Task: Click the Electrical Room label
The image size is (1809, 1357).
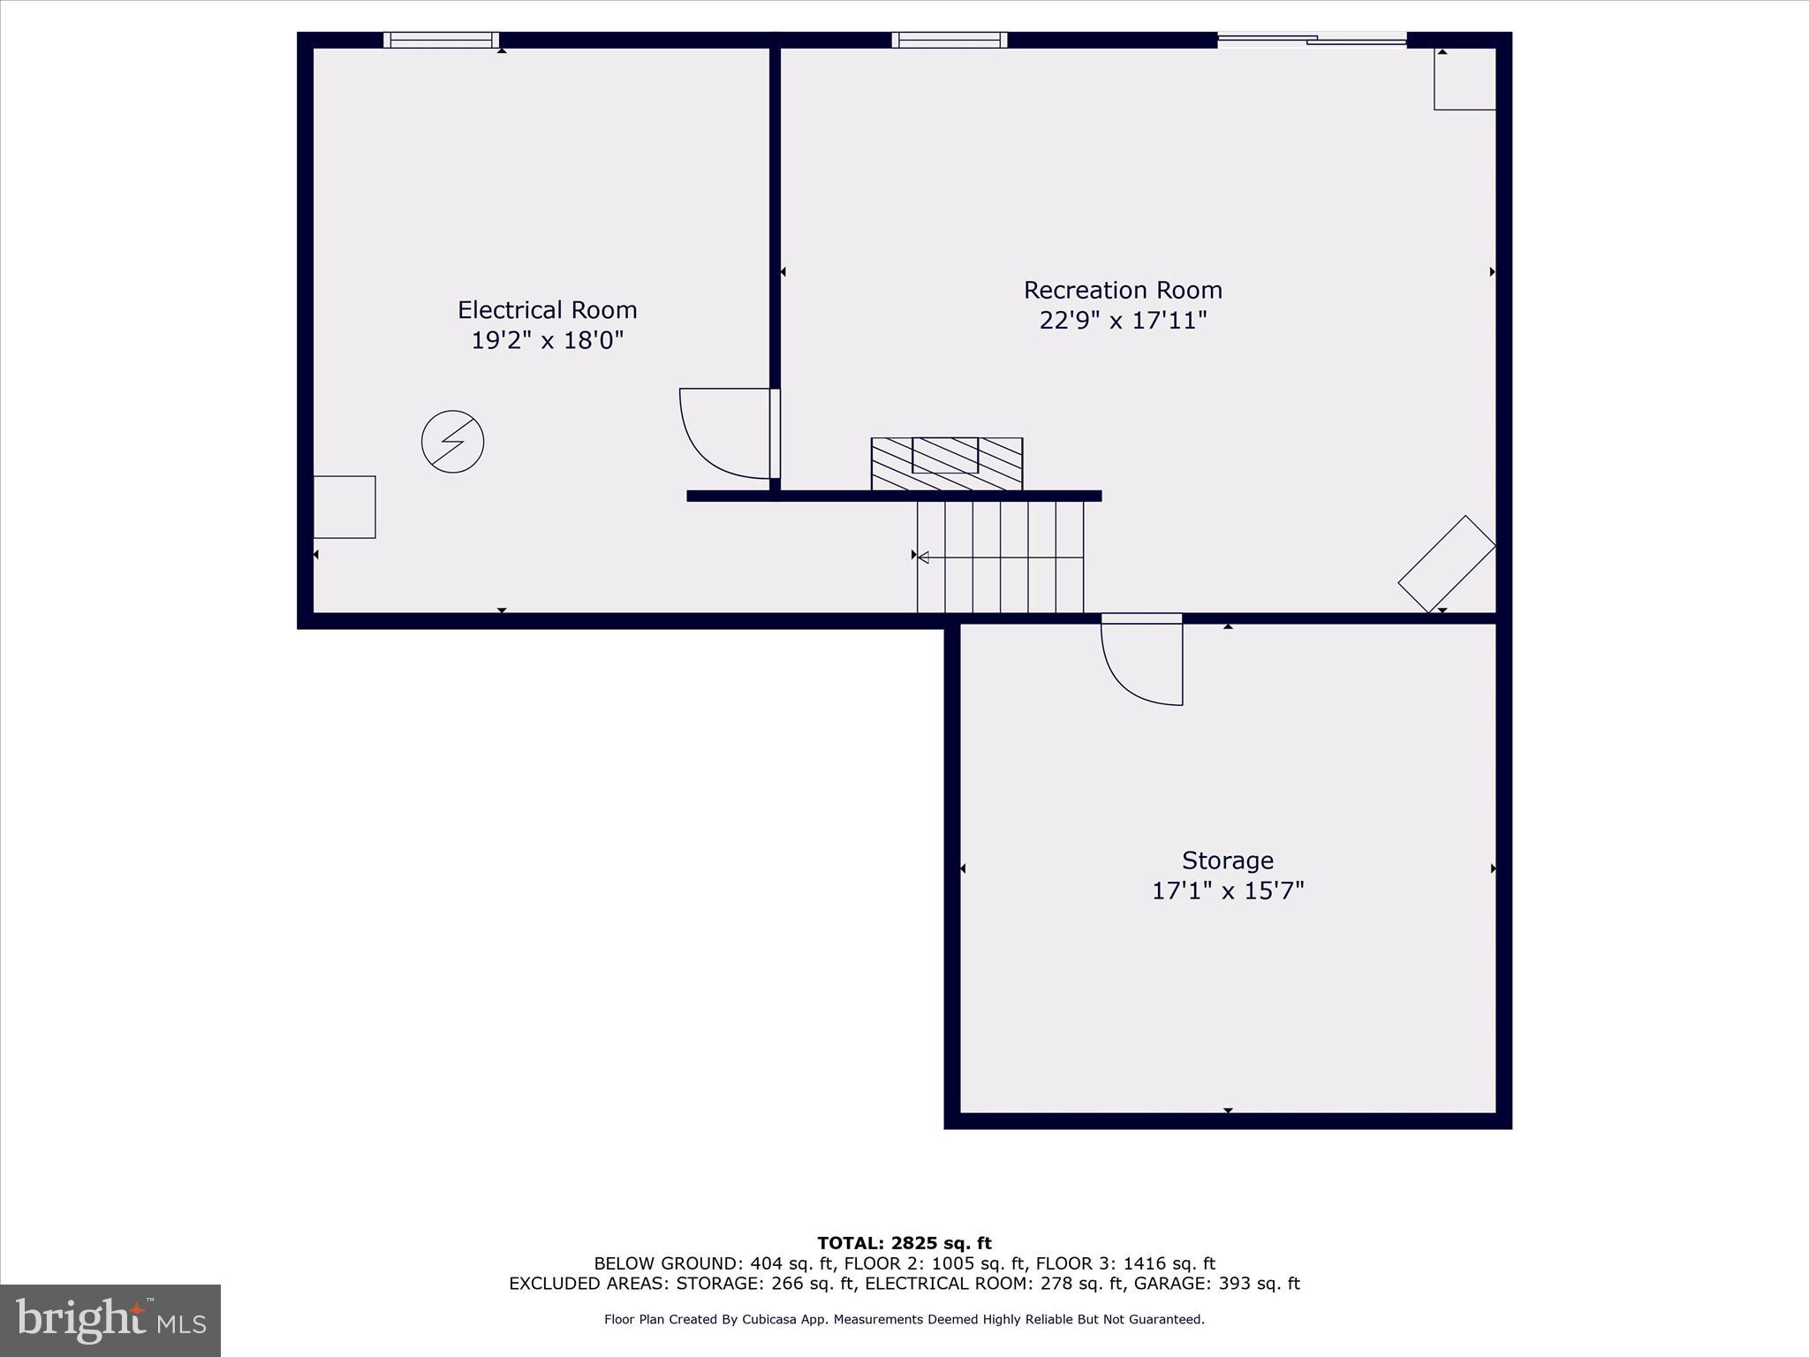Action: coord(547,310)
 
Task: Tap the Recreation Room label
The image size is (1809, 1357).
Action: coord(1123,290)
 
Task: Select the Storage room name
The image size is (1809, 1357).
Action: coord(1227,860)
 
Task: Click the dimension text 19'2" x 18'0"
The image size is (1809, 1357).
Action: coord(547,340)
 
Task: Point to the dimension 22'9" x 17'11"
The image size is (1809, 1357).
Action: coord(1123,320)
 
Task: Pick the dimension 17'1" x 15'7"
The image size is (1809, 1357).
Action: coord(1227,890)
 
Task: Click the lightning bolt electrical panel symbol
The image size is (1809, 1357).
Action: coord(452,441)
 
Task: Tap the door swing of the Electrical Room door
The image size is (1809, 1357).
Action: coord(720,437)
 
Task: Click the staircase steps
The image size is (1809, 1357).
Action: coord(1000,557)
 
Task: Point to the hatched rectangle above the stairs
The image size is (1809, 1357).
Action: coord(946,464)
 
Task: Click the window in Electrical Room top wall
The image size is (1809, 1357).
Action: coord(441,40)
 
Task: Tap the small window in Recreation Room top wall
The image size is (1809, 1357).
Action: coord(949,40)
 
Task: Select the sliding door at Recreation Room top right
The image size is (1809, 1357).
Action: coord(1312,39)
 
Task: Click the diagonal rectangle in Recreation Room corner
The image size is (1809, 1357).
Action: coord(1446,564)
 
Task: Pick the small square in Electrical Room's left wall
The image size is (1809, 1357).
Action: coord(344,507)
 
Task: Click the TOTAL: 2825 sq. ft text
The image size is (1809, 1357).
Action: coord(904,1244)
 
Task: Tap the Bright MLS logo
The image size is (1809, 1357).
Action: coord(110,1321)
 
